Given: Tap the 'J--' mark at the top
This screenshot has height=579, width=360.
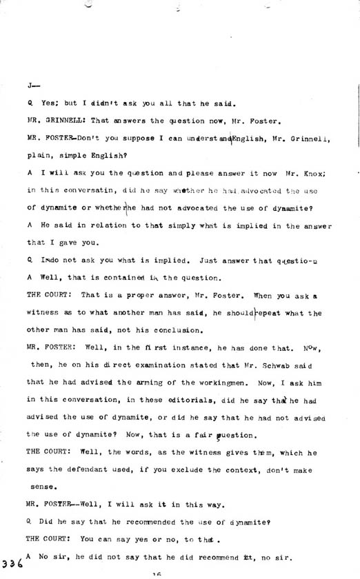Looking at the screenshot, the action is point(31,85).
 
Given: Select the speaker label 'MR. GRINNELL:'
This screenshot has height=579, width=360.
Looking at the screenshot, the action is point(52,119).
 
